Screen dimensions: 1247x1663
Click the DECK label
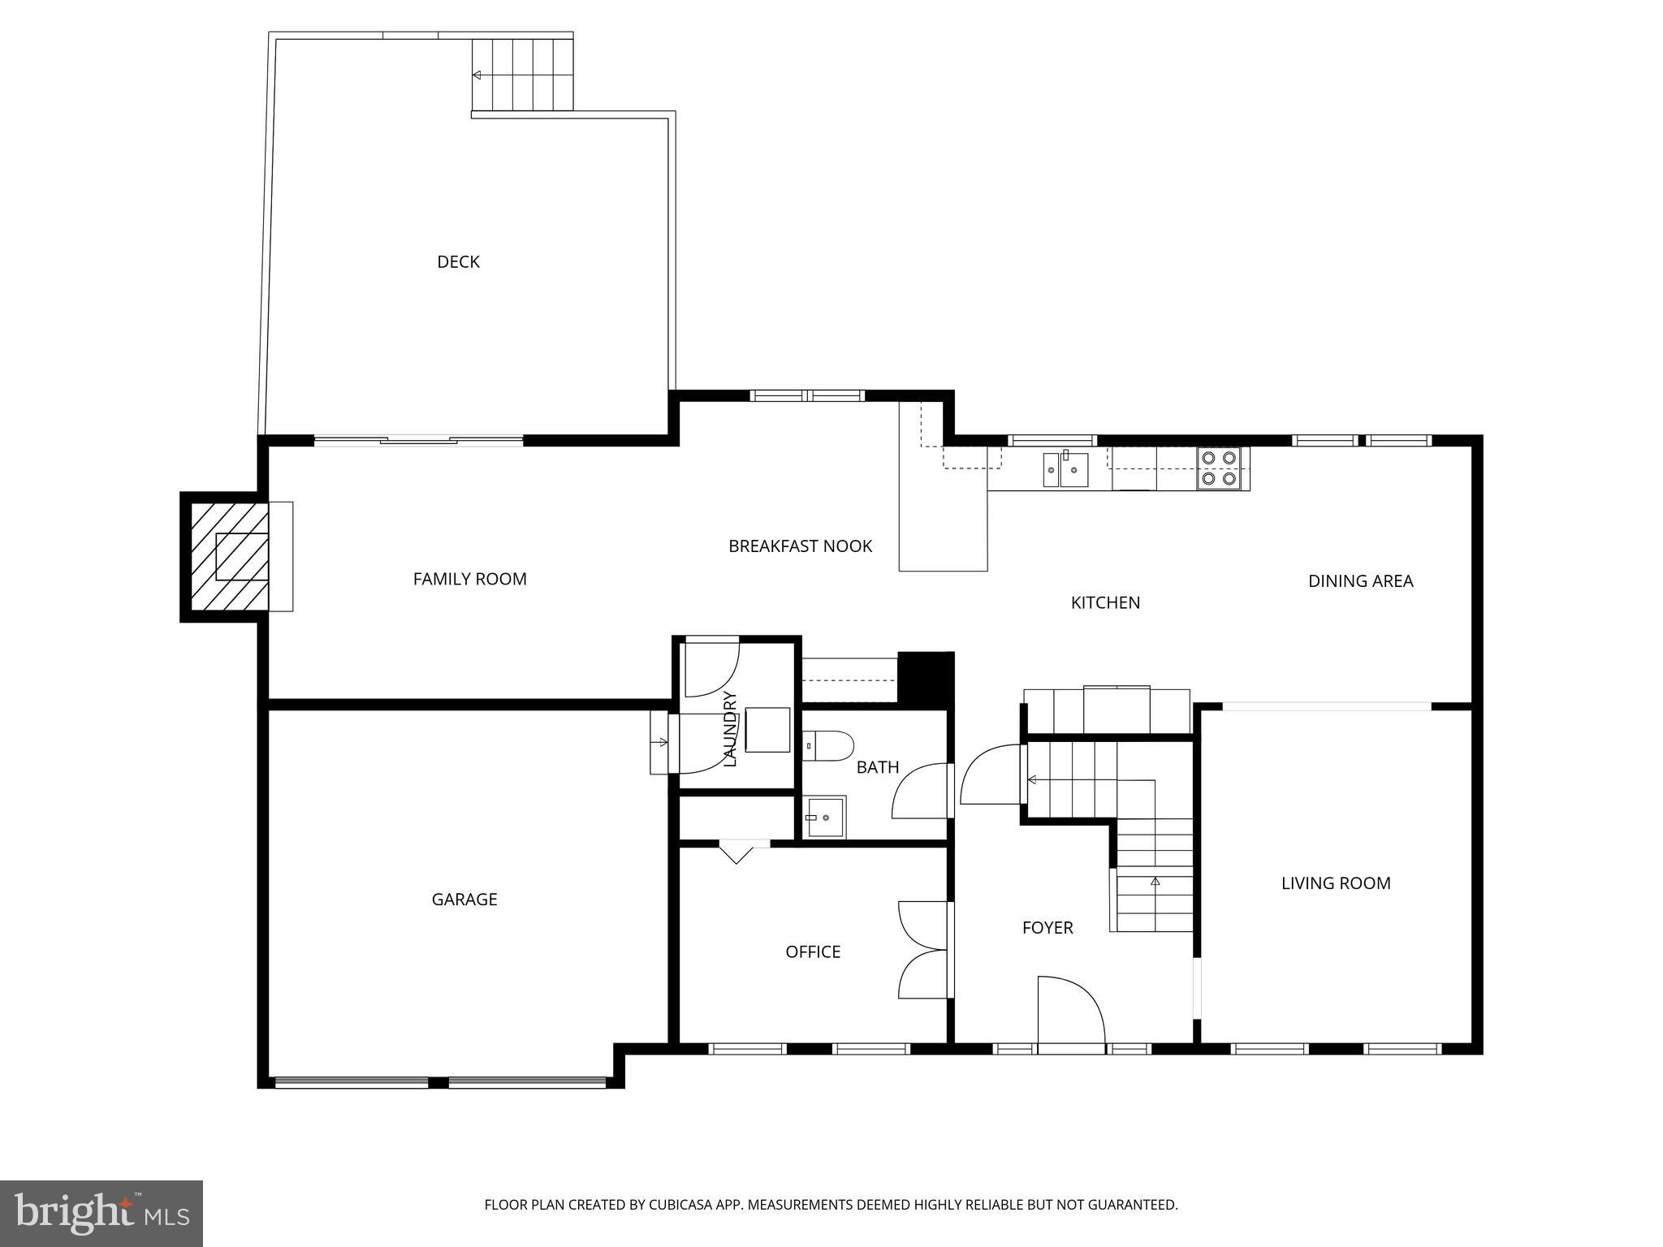[x=458, y=261]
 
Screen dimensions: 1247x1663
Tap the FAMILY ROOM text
[x=469, y=579]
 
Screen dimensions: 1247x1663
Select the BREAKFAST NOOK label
[x=800, y=546]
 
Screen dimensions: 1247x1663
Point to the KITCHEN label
[x=1105, y=602]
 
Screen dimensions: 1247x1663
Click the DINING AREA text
[x=1360, y=581]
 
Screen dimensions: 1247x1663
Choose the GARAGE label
[x=464, y=899]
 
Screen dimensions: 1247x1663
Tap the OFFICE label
[x=812, y=951]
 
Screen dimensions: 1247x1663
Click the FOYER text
[x=1047, y=927]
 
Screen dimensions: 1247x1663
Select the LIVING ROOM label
[x=1335, y=883]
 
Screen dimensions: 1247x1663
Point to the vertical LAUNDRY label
[x=729, y=728]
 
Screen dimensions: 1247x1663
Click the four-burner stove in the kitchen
[x=1220, y=468]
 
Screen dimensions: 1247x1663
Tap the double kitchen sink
[x=1065, y=469]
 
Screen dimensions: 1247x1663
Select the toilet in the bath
[x=829, y=745]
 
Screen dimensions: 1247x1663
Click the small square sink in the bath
[x=826, y=818]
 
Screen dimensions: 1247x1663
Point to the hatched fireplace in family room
[x=229, y=556]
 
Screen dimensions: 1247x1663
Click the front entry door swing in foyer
[x=1070, y=1011]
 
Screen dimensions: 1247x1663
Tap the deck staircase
[x=522, y=74]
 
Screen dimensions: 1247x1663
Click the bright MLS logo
[x=101, y=1214]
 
